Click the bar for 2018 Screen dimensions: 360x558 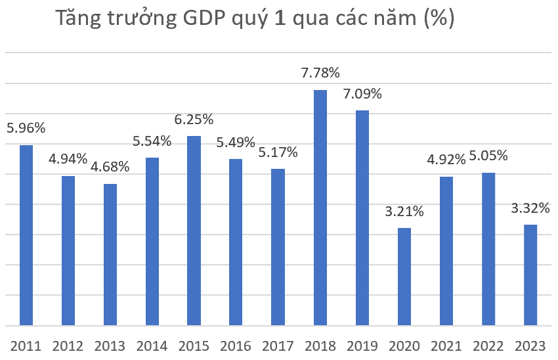pyautogui.click(x=320, y=208)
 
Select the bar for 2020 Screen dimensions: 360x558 pyautogui.click(x=404, y=277)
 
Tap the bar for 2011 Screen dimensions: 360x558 pyautogui.click(x=26, y=235)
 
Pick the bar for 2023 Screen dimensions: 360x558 pyautogui.click(x=530, y=275)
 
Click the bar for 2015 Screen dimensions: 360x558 pyautogui.click(x=194, y=231)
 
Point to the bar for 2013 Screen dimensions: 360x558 pyautogui.click(x=110, y=254)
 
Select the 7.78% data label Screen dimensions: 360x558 pyautogui.click(x=320, y=72)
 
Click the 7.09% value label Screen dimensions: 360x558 pyautogui.click(x=362, y=94)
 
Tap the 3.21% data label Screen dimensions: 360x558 pyautogui.click(x=404, y=212)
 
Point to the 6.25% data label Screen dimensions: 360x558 pyautogui.click(x=194, y=120)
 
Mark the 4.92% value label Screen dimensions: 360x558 pyautogui.click(x=446, y=159)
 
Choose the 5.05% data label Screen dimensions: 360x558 pyautogui.click(x=488, y=156)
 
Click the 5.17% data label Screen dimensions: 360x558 pyautogui.click(x=278, y=152)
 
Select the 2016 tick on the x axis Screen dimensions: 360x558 pyautogui.click(x=236, y=346)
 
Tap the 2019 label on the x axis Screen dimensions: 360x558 pyautogui.click(x=362, y=346)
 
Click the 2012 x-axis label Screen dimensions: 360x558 pyautogui.click(x=68, y=346)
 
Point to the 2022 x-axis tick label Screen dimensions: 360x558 pyautogui.click(x=488, y=346)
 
